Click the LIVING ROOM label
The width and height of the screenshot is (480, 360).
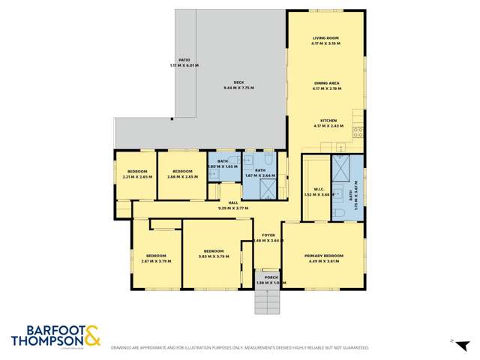pyautogui.click(x=326, y=38)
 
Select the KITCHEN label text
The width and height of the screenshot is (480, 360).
pyautogui.click(x=328, y=120)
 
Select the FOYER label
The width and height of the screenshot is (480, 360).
pyautogui.click(x=268, y=235)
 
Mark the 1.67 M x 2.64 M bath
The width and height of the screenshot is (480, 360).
pyautogui.click(x=259, y=170)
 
